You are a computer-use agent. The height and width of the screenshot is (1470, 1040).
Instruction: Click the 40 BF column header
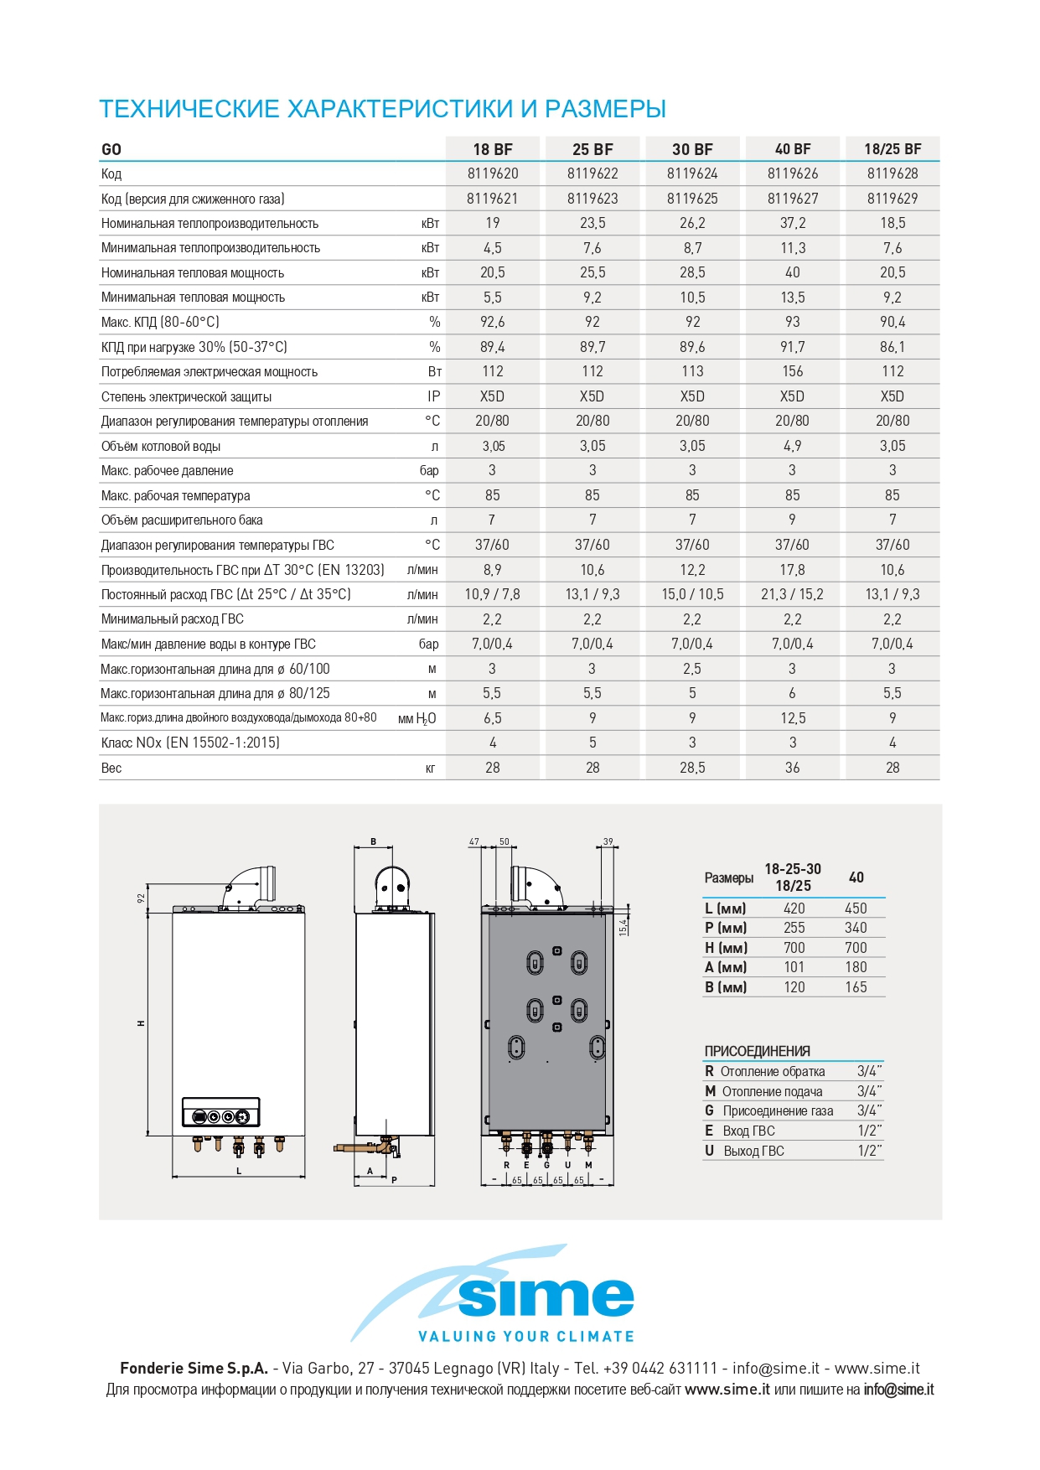[792, 149]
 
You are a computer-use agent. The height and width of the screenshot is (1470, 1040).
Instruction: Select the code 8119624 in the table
[692, 173]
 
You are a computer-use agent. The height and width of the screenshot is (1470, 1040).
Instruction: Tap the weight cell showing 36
[792, 768]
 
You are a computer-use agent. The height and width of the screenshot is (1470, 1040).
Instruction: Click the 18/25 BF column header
[893, 149]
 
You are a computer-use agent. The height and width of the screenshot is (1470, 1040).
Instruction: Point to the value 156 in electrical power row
[792, 371]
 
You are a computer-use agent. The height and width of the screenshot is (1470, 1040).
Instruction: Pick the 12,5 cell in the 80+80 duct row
[792, 718]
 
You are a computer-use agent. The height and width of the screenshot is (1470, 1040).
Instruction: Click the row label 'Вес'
[111, 768]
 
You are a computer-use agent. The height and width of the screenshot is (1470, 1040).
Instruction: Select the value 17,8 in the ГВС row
[792, 570]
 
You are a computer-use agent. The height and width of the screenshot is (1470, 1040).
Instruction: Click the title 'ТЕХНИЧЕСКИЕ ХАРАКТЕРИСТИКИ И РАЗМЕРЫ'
[382, 109]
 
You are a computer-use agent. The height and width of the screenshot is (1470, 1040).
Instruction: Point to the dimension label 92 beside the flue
[142, 898]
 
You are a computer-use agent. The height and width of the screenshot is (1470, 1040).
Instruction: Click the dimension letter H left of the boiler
[142, 1023]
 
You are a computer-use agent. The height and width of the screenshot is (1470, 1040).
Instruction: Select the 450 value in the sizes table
[856, 908]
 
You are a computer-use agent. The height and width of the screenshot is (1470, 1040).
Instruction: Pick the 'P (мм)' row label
[725, 928]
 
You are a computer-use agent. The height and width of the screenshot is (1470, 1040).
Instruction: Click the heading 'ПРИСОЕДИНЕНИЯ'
[757, 1051]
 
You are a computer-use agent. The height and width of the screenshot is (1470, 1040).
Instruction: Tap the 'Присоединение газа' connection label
[778, 1111]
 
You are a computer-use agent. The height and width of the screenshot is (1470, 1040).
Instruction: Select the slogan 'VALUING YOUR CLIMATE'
[526, 1336]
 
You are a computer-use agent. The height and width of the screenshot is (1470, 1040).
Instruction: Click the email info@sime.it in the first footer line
[775, 1368]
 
